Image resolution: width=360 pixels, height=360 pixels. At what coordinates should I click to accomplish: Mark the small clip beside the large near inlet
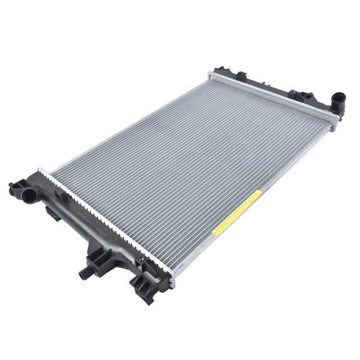(58, 199)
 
